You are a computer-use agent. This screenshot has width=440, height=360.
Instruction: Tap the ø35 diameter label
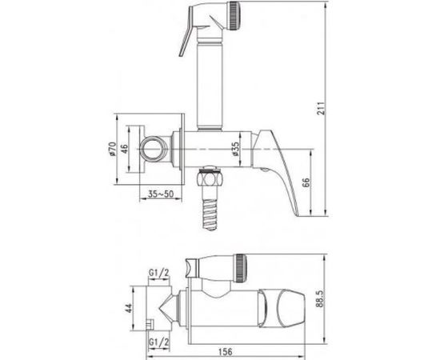click(x=233, y=150)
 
